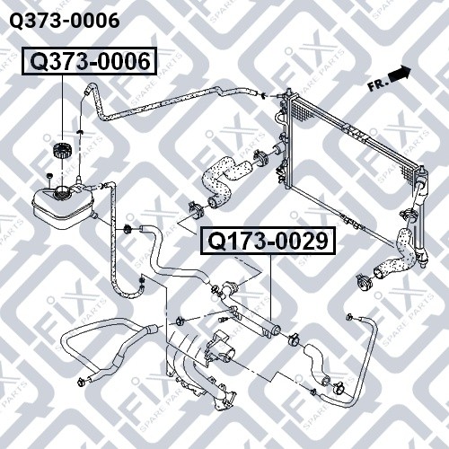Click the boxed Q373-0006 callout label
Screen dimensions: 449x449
pyautogui.click(x=89, y=61)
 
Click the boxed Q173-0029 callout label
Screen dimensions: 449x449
pyautogui.click(x=269, y=241)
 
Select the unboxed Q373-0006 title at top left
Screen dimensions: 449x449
pyautogui.click(x=65, y=21)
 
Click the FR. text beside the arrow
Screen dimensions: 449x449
pyautogui.click(x=377, y=85)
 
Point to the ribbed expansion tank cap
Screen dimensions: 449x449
pyautogui.click(x=61, y=150)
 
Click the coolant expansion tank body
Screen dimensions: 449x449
pyautogui.click(x=63, y=205)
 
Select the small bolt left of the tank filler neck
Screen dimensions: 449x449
pyautogui.click(x=49, y=177)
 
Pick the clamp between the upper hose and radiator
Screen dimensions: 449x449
pyautogui.click(x=261, y=157)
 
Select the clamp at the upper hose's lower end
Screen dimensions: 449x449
pyautogui.click(x=196, y=210)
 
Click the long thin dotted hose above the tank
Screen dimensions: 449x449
pyautogui.click(x=168, y=101)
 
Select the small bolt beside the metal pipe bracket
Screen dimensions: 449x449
pyautogui.click(x=224, y=320)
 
